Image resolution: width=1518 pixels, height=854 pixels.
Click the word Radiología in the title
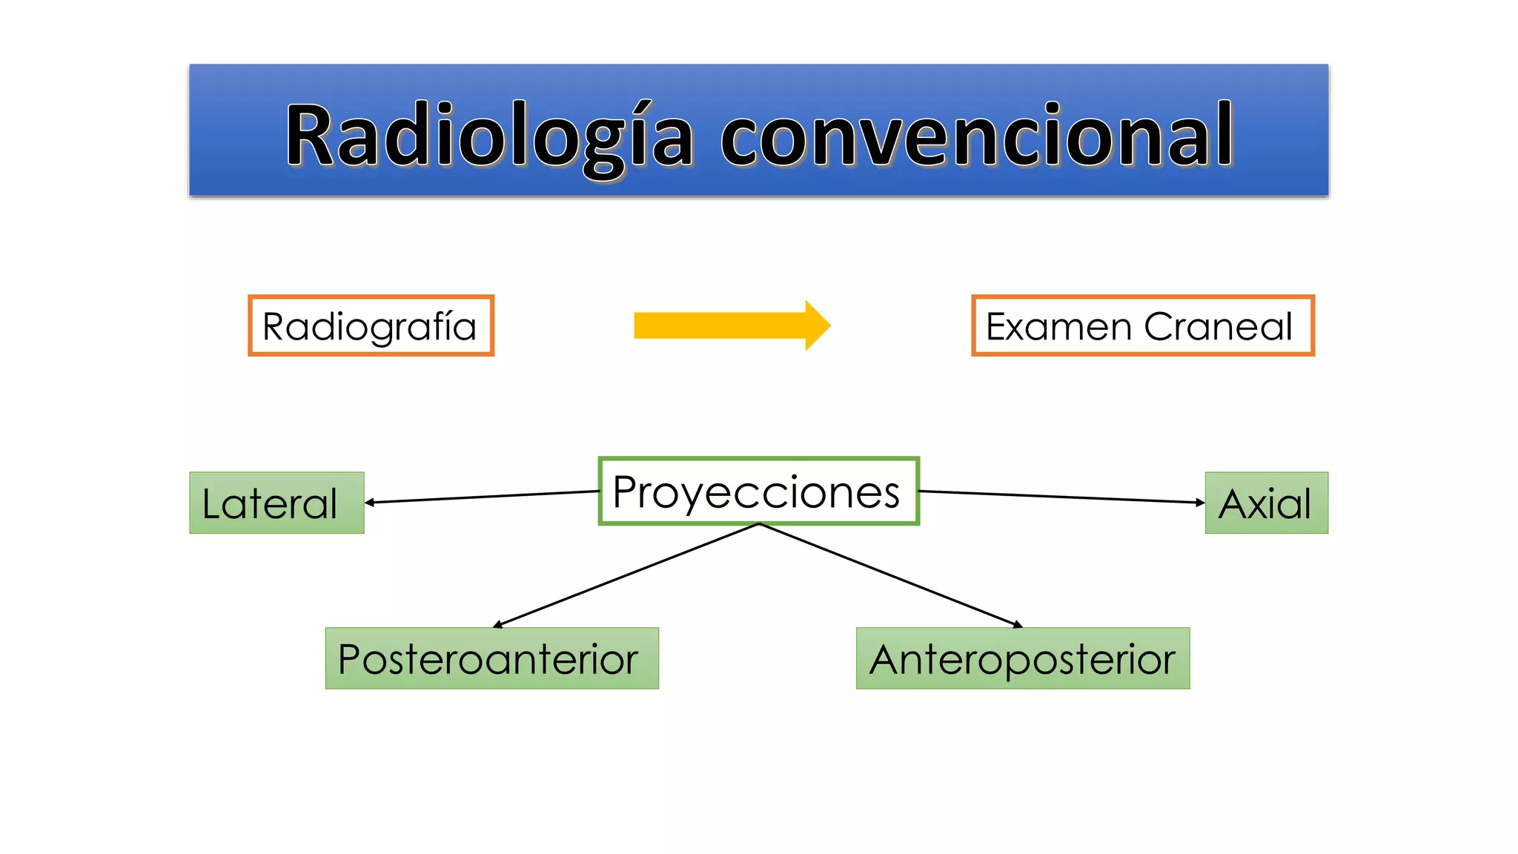click(489, 137)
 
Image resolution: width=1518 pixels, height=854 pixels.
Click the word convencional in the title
click(977, 137)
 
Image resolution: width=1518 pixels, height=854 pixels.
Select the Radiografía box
click(371, 326)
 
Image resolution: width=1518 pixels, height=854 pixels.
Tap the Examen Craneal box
click(1142, 326)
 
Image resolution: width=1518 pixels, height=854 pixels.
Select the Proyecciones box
click(758, 491)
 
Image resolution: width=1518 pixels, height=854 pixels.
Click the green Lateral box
click(276, 503)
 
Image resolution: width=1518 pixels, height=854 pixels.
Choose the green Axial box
click(1266, 503)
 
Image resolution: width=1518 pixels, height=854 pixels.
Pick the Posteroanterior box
click(491, 658)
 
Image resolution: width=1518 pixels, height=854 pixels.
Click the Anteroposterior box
click(1023, 658)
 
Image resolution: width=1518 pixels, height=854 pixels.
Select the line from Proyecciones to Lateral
click(482, 497)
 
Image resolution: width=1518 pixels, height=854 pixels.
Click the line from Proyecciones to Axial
click(1060, 497)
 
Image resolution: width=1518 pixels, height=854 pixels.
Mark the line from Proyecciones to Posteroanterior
click(626, 575)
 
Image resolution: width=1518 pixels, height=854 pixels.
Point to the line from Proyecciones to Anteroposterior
click(889, 575)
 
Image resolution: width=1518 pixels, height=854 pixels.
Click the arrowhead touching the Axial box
click(1200, 503)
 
